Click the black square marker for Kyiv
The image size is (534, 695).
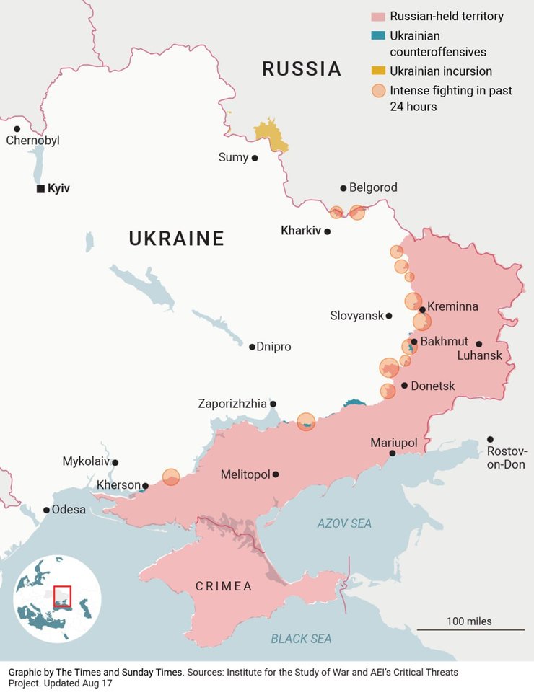pyautogui.click(x=40, y=189)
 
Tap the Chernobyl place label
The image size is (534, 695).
pyautogui.click(x=32, y=141)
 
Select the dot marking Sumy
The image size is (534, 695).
pyautogui.click(x=255, y=157)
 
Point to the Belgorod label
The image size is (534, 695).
pyautogui.click(x=373, y=187)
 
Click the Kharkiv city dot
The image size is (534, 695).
pyautogui.click(x=328, y=231)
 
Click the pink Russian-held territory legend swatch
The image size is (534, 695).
pyautogui.click(x=378, y=16)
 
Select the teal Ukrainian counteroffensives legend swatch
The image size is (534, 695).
pyautogui.click(x=378, y=35)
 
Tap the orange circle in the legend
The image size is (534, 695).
pyautogui.click(x=378, y=91)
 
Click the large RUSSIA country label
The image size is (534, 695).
pyautogui.click(x=301, y=69)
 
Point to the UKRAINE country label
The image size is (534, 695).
pyautogui.click(x=176, y=239)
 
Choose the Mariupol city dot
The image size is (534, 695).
pyautogui.click(x=393, y=453)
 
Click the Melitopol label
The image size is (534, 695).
pyautogui.click(x=245, y=474)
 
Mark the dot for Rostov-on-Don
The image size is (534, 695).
pyautogui.click(x=490, y=439)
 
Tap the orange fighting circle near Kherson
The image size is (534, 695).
pyautogui.click(x=170, y=477)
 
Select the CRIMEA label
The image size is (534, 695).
pyautogui.click(x=224, y=586)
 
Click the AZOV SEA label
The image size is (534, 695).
pyautogui.click(x=344, y=523)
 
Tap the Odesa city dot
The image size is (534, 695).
pyautogui.click(x=47, y=510)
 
